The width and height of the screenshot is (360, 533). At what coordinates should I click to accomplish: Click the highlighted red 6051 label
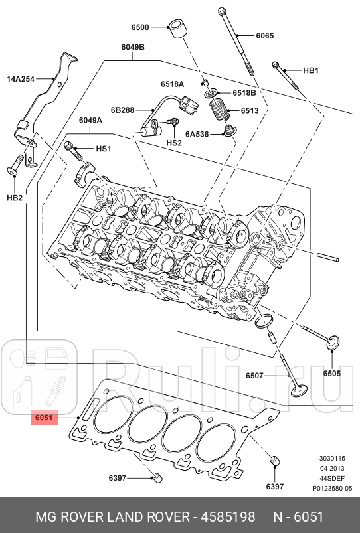click(x=44, y=418)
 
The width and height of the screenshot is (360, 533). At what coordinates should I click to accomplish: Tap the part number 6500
click(x=140, y=27)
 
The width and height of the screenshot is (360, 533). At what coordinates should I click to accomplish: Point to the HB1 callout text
click(x=311, y=70)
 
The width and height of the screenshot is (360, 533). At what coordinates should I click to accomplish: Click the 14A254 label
click(x=21, y=78)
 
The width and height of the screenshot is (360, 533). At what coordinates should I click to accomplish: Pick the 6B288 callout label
click(x=123, y=110)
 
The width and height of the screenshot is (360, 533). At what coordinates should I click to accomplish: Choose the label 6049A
click(x=90, y=121)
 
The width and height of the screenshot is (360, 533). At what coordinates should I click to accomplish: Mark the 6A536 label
click(x=197, y=134)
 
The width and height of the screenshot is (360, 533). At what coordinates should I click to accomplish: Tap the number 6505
click(x=331, y=374)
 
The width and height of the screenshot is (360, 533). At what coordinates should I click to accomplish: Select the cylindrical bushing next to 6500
click(x=176, y=30)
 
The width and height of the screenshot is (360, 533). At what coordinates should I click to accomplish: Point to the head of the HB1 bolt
click(x=276, y=65)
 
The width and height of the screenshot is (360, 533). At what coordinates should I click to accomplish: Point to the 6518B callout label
click(x=244, y=92)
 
